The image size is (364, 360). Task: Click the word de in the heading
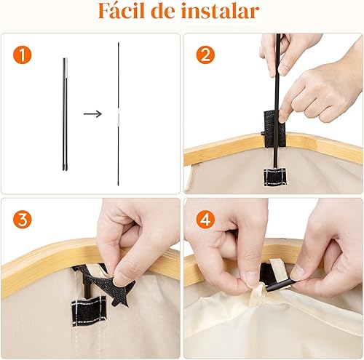172,13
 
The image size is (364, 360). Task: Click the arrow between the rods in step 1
92,113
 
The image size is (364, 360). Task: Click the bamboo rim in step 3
44,262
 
